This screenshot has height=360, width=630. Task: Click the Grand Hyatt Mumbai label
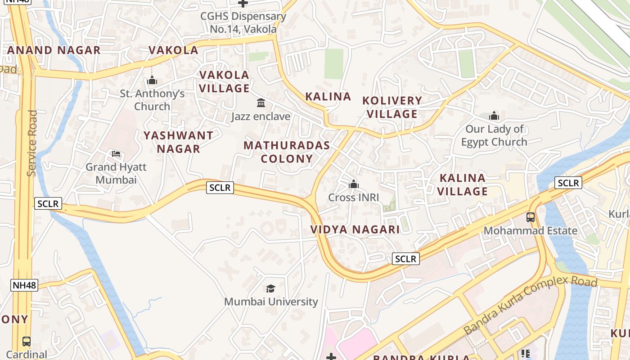116,173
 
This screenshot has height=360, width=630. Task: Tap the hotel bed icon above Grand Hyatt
116,154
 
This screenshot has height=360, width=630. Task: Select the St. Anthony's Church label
152,100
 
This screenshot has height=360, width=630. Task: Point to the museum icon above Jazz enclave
261,103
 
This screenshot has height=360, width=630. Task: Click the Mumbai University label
271,301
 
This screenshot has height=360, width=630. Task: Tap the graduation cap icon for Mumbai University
270,288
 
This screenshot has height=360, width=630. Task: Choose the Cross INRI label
354,197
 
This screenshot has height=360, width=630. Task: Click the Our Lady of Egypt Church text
494,135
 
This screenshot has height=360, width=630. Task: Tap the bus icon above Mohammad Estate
531,217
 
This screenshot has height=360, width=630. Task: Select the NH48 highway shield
24,285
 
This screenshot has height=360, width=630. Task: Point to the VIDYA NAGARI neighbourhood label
355,229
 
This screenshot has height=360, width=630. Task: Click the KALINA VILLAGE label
463,184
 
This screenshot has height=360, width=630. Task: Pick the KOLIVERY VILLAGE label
392,107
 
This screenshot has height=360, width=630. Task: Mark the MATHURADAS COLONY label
287,152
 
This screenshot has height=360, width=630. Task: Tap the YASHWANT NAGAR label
178,142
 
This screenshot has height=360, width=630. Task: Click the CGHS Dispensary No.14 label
243,22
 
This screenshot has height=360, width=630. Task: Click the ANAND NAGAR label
54,50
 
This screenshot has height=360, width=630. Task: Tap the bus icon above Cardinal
27,341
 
